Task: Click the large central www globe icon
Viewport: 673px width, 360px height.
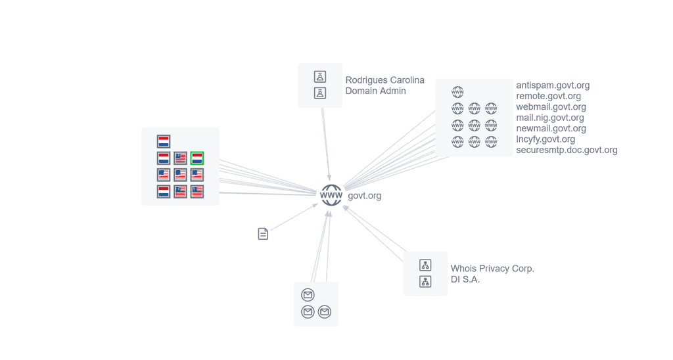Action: point(331,195)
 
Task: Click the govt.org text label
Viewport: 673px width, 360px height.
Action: point(364,196)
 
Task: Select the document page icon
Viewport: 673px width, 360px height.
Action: point(263,234)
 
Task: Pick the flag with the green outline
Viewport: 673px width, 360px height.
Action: point(197,158)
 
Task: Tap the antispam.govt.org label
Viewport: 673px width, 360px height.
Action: point(553,85)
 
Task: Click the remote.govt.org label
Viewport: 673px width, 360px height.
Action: point(548,96)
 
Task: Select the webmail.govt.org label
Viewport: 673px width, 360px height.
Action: point(551,106)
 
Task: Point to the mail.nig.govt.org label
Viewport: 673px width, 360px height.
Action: point(550,117)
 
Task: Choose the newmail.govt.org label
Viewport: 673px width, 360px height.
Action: point(551,128)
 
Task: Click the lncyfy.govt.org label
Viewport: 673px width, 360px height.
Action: point(545,139)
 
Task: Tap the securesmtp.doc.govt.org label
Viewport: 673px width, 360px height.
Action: point(567,150)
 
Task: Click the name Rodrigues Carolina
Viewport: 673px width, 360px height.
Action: point(384,79)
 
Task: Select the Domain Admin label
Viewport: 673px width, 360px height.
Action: point(375,91)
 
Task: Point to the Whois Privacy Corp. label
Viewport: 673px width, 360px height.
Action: point(492,269)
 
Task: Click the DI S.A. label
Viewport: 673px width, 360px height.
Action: point(465,279)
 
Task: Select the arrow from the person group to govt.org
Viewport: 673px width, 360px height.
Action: point(326,144)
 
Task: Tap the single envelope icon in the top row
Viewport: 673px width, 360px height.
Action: point(308,295)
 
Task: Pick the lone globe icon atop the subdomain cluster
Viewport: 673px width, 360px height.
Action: point(457,92)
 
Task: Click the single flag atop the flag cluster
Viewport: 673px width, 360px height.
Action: point(164,142)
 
